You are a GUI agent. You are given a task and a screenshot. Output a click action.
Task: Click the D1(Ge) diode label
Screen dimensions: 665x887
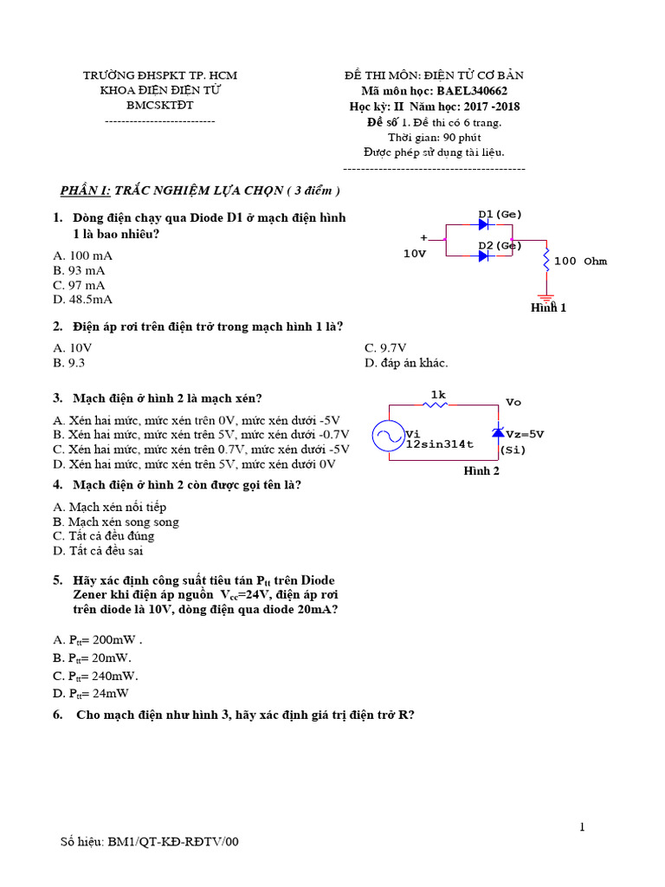(500, 214)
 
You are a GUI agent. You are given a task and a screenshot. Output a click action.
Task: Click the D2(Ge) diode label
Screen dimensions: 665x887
(500, 245)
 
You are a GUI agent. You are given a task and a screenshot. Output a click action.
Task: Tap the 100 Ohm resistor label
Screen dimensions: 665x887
(580, 261)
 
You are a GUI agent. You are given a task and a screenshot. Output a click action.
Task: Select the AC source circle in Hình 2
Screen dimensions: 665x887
(388, 437)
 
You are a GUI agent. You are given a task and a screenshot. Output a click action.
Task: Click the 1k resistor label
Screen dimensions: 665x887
(438, 394)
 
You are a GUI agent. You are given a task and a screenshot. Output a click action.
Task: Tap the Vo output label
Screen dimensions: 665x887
(513, 403)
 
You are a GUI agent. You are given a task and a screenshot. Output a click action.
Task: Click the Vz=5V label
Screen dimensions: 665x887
(525, 434)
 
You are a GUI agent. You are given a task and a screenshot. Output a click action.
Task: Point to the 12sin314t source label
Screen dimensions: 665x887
(440, 444)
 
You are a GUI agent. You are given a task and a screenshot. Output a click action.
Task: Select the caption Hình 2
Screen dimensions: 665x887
(481, 471)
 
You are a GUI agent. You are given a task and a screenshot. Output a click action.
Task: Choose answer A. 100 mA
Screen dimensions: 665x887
(82, 256)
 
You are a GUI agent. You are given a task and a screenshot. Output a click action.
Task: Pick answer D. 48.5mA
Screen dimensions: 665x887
(82, 300)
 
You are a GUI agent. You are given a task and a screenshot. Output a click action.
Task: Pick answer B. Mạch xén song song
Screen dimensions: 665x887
(115, 521)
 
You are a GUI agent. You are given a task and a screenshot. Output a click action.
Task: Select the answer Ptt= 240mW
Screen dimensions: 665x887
(96, 676)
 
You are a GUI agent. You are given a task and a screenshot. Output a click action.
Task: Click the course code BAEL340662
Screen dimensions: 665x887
(472, 90)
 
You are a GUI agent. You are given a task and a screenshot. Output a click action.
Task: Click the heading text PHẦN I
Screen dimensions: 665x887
(85, 191)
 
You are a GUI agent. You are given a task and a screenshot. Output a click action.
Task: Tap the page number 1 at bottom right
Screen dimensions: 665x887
(583, 827)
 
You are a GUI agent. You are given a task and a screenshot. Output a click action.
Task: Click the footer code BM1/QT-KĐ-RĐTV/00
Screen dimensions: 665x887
(172, 841)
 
